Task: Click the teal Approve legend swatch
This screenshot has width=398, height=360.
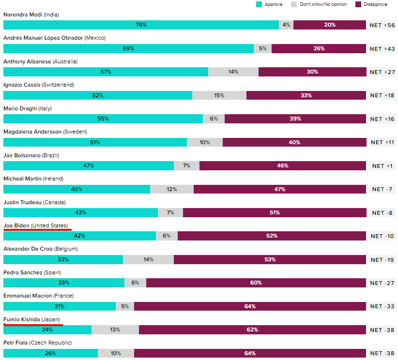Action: click(x=259, y=4)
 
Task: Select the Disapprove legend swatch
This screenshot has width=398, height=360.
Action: click(x=358, y=4)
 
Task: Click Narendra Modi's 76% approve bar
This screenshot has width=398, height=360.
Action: click(x=141, y=25)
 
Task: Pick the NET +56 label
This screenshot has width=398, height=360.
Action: click(x=383, y=25)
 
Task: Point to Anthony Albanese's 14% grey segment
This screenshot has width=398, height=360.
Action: click(x=233, y=72)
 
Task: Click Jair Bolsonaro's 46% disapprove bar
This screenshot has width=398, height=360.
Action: click(x=283, y=165)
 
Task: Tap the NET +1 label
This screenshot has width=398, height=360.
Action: click(x=383, y=166)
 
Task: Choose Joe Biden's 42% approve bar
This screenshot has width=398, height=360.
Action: click(x=79, y=236)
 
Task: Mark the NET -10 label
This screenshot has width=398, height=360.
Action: click(x=383, y=236)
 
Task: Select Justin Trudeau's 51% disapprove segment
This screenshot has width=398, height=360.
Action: click(x=275, y=212)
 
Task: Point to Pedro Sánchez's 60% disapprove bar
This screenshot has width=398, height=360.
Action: click(x=256, y=283)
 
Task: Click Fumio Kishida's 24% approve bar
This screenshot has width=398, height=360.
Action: click(x=47, y=330)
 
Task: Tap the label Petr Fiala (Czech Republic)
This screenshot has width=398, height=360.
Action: click(x=37, y=343)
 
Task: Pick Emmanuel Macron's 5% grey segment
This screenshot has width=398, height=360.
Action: click(x=125, y=306)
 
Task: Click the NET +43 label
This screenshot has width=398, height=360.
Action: click(x=383, y=48)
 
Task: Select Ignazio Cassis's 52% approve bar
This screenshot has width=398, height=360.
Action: click(x=98, y=95)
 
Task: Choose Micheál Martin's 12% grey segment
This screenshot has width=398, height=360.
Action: click(x=172, y=189)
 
